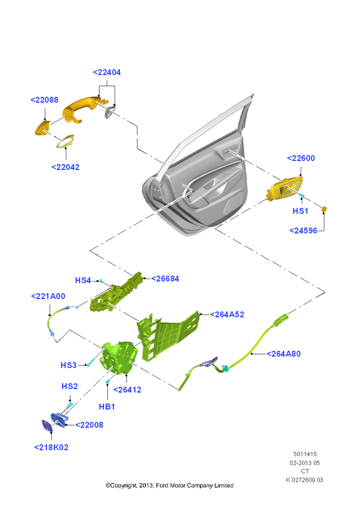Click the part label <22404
[107, 72]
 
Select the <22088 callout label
[44, 100]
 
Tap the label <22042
[66, 167]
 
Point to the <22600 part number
[301, 158]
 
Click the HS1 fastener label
[300, 211]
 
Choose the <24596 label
[303, 230]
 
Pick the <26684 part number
[165, 279]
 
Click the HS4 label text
[83, 280]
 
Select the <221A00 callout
[48, 296]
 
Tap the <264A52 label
[227, 315]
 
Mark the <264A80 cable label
[284, 354]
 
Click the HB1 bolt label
[107, 407]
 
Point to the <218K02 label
[51, 447]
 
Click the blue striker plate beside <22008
[59, 420]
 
